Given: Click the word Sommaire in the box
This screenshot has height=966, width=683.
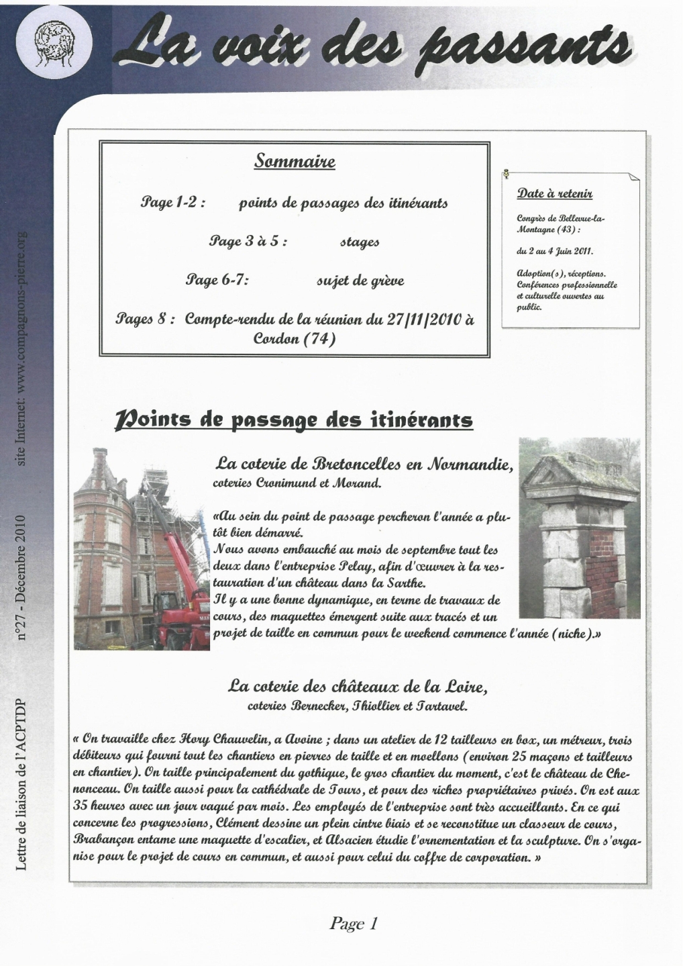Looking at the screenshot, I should point(295,161).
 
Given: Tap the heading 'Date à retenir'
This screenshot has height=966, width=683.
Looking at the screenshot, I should point(554,194).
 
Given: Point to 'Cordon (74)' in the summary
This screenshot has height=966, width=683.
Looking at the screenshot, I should point(295,339).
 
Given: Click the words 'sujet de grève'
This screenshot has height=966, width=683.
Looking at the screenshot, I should point(360,281).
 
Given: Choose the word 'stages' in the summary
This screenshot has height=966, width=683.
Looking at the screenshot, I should point(360,242).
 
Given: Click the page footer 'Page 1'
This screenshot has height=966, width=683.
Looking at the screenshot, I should point(354,924).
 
